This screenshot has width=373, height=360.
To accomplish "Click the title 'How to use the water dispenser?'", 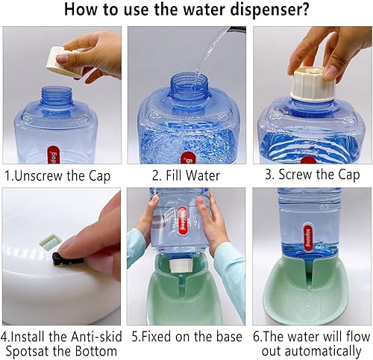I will click(x=186, y=10).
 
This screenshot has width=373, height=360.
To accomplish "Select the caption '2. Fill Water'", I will click(x=186, y=176).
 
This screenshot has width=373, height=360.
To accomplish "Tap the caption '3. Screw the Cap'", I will click(x=313, y=176).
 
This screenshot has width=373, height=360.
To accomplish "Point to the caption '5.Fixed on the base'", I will click(x=186, y=337).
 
